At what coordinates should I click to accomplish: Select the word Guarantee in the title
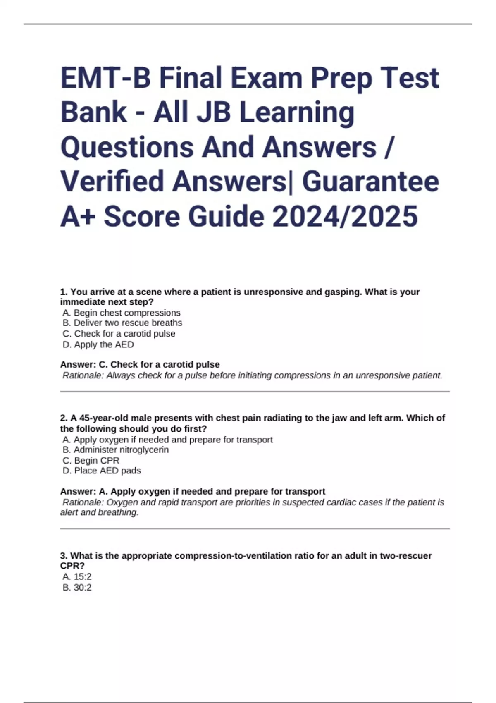pos(370,182)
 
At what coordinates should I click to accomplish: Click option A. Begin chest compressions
pos(122,313)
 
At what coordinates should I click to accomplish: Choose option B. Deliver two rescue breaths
pos(122,323)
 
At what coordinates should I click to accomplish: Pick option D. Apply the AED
pos(98,344)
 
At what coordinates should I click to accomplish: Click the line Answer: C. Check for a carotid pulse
pos(140,365)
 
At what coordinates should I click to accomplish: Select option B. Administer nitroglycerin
pos(116,450)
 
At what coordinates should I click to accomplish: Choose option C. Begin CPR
pos(91,460)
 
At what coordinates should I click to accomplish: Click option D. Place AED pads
pos(102,471)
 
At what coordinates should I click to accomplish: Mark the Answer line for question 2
pos(193,491)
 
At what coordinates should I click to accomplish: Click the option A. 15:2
pos(77,576)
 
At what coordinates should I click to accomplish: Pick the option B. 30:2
pos(77,587)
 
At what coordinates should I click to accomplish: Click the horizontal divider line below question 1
pos(255,391)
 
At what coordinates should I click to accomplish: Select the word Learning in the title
pos(297,112)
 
